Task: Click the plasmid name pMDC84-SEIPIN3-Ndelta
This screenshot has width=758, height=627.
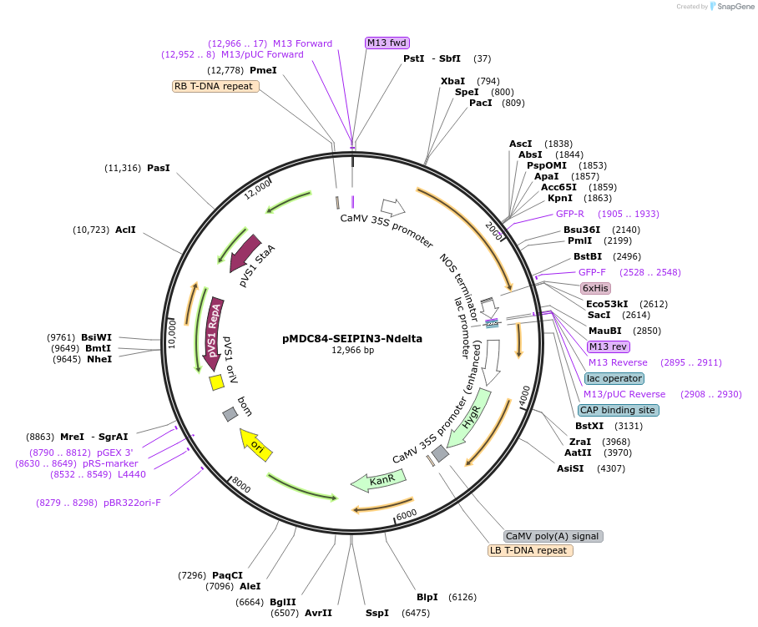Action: pos(352,338)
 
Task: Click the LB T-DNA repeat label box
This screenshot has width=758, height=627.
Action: pos(530,550)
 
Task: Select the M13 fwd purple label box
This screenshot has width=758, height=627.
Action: pos(387,43)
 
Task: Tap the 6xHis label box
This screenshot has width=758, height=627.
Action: pos(596,288)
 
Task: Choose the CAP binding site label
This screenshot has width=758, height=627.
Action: pos(618,410)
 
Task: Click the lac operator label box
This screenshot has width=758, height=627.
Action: pos(614,378)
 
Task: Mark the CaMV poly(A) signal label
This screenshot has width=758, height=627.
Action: pos(553,536)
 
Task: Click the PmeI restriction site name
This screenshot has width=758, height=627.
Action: pos(263,70)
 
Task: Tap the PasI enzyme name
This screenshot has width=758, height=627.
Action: pos(159,168)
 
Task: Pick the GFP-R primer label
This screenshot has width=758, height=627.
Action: pos(570,214)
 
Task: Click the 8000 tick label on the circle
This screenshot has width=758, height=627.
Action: pos(241,484)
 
